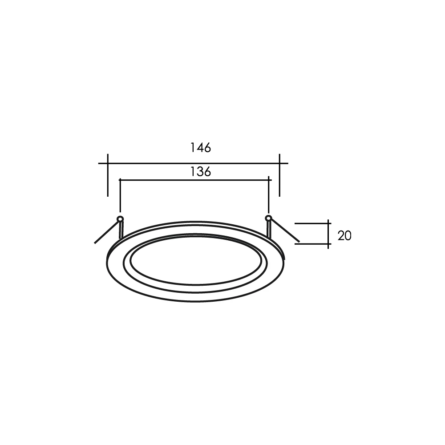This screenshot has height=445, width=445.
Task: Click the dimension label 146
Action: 200,148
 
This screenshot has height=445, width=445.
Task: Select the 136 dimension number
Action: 200,171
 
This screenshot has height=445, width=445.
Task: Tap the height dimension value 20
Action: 344,235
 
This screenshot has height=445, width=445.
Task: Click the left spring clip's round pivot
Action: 120,219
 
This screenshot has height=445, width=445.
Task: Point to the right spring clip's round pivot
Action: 268,218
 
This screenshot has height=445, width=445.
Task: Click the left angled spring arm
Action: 106,232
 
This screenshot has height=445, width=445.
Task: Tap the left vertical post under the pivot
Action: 121,230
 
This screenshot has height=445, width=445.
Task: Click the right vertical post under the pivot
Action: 268,229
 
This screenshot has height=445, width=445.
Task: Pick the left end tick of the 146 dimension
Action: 108,175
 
